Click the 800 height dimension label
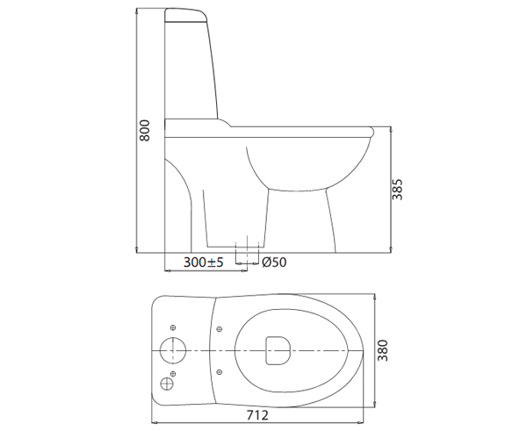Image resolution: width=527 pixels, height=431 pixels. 146,130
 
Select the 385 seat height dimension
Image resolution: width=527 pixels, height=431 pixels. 399,193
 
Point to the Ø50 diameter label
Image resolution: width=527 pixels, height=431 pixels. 274,262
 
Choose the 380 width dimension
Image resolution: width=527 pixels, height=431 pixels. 383,352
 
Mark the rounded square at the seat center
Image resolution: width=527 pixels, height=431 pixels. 278,349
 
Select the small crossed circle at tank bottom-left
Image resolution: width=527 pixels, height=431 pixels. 167,382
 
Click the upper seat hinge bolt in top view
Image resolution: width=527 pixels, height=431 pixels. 218,332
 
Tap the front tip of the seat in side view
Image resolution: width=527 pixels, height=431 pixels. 373,133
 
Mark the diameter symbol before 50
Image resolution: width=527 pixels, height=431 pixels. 266,262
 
